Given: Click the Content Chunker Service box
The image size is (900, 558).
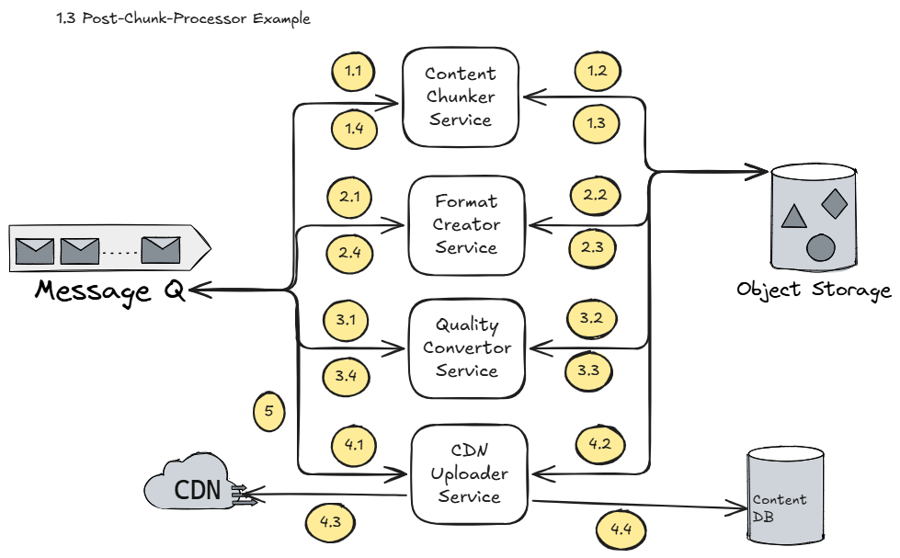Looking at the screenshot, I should pos(460,97).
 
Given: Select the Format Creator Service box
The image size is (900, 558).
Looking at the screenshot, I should pos(467,224).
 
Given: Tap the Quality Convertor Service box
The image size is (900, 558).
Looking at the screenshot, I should pos(467,348).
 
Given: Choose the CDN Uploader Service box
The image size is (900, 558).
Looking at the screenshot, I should pos(469,474).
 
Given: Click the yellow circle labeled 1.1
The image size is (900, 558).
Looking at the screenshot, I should pos(353,71).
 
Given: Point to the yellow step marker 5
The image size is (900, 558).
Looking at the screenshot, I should pos(268,412).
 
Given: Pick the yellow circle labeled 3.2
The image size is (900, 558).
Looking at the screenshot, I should pos(590,319).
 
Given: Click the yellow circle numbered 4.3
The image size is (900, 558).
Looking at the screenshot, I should pos(329,522).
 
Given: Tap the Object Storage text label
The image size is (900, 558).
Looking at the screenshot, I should pos(814,290).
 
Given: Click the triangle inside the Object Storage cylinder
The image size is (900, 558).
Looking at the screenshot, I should pos(793,217).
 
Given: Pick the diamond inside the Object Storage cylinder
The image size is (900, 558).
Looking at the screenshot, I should pos(834,203).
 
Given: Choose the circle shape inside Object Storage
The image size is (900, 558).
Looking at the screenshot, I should pos(820,247).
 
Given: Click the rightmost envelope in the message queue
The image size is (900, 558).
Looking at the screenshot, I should pos(160,249).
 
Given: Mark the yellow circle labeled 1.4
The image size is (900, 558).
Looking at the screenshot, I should pos(354,130).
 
